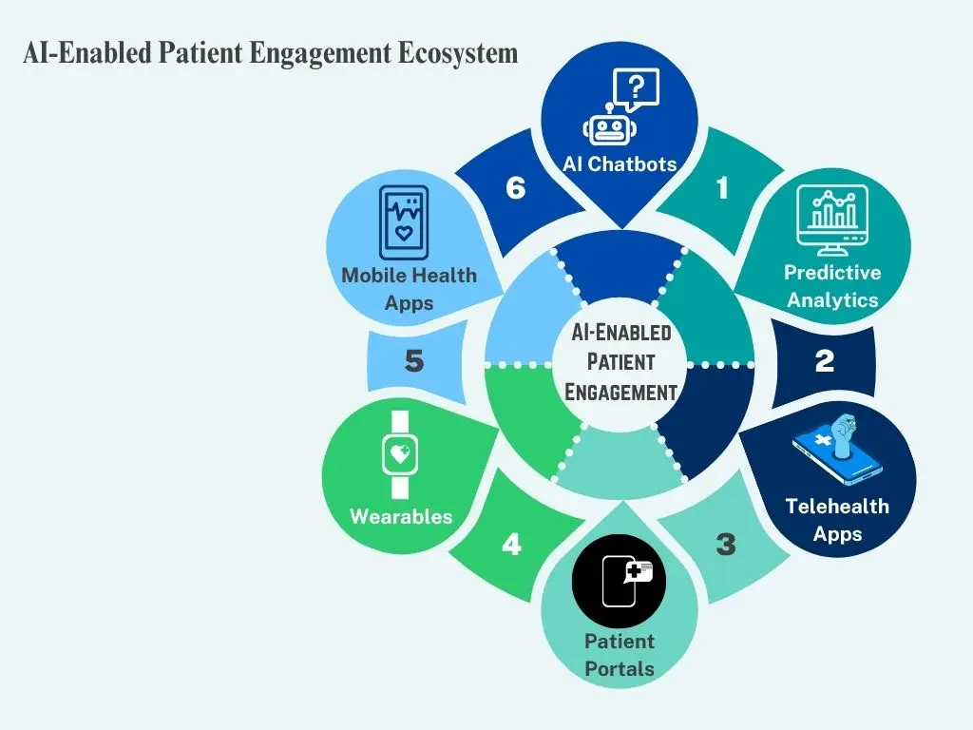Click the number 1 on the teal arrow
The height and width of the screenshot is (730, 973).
point(722,188)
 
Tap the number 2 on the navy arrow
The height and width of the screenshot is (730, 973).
point(825,361)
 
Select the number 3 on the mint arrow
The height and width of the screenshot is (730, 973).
point(726,545)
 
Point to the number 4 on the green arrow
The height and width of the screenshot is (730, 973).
point(511,546)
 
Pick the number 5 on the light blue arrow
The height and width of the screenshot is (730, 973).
point(413,361)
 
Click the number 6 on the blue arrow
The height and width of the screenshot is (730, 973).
point(515,188)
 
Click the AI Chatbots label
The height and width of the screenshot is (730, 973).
point(620,163)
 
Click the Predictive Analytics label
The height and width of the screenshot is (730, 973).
point(832,286)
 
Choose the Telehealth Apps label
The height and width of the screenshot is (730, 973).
point(837,520)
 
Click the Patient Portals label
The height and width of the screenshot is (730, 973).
point(620,655)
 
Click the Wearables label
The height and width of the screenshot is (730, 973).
point(401,517)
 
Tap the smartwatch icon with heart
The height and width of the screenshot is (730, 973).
point(400,454)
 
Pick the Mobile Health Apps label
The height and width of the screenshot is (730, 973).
point(410,289)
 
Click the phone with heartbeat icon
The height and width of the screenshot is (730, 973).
point(404,222)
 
